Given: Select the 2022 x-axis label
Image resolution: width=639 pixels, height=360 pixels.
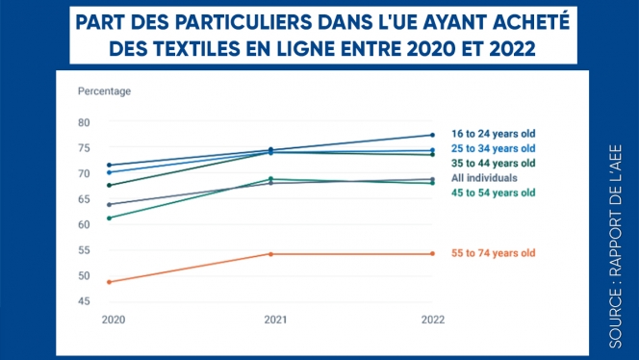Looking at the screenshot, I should (432, 319).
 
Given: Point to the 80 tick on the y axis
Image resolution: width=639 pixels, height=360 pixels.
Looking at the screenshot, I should (84, 122).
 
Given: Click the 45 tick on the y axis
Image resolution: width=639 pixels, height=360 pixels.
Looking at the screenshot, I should (84, 301).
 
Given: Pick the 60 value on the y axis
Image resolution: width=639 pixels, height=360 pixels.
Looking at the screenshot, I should (84, 224).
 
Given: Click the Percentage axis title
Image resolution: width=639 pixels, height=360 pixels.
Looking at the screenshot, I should (104, 91).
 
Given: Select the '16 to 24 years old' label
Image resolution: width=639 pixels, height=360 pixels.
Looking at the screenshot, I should (493, 135).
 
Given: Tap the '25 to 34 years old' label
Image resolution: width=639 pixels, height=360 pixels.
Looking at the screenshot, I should (493, 149).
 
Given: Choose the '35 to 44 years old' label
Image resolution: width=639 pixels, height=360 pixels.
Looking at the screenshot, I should (493, 164).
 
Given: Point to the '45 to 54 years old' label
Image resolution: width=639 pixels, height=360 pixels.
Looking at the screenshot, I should (493, 193).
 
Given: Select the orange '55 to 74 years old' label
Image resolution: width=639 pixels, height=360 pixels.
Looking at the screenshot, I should (493, 253).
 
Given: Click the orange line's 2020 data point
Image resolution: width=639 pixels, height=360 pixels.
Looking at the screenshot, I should (109, 282).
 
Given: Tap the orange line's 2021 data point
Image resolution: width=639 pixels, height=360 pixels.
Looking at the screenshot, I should (270, 254).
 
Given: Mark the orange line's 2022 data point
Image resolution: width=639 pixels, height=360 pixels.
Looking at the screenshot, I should (432, 254).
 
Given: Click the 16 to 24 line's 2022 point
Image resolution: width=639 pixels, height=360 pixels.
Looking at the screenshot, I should (432, 135).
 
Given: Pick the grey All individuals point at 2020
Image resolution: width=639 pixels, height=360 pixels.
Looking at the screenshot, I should (109, 204).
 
